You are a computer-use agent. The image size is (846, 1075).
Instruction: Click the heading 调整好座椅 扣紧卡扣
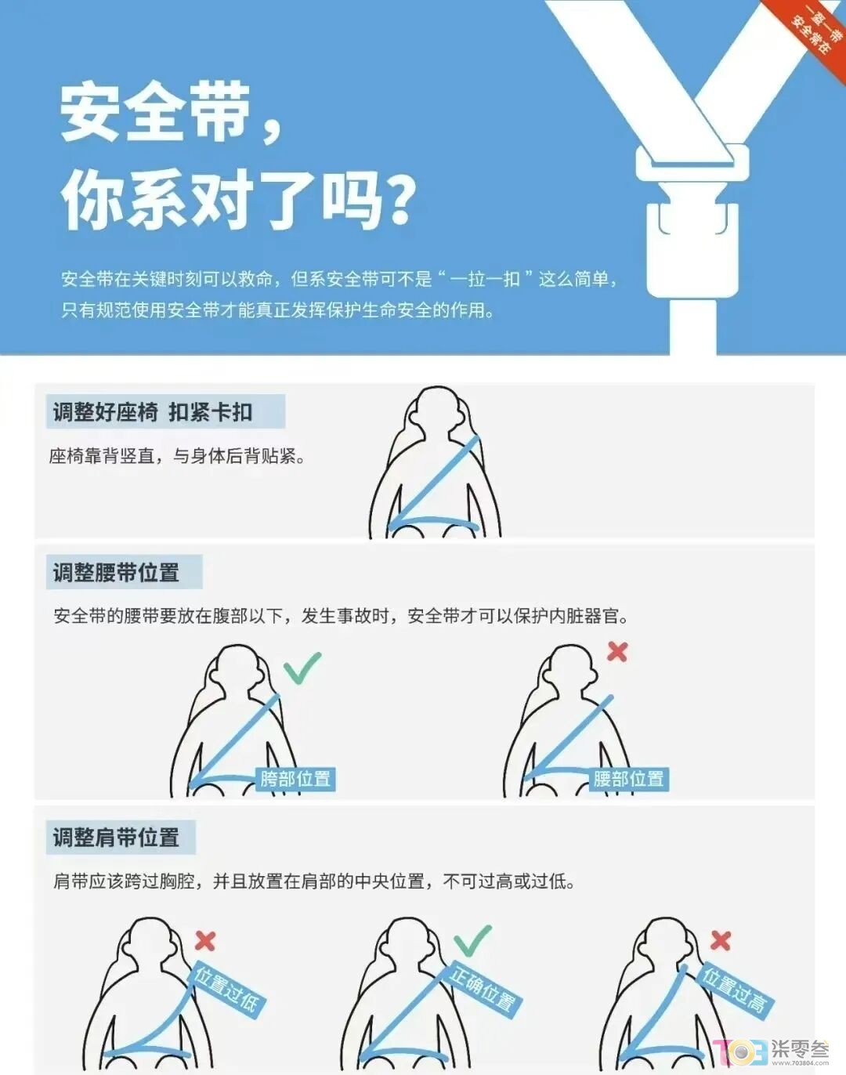153,412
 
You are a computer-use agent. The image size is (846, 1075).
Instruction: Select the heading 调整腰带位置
116,573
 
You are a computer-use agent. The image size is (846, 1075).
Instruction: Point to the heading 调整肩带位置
116,838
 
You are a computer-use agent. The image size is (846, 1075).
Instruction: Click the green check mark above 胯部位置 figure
302,668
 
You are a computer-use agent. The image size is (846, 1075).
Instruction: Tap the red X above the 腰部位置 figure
617,651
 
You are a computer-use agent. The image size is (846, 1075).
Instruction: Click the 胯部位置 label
295,779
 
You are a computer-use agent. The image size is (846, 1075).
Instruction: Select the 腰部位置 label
628,779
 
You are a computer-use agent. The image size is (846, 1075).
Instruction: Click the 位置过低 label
227,990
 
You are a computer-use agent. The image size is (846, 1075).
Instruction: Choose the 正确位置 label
483,990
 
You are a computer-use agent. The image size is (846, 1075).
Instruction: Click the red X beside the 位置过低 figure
205,940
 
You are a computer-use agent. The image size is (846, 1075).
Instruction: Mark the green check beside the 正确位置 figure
472,940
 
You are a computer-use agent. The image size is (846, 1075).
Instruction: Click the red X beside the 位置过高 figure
721,940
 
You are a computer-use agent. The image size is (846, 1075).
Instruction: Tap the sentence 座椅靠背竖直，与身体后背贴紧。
177,456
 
